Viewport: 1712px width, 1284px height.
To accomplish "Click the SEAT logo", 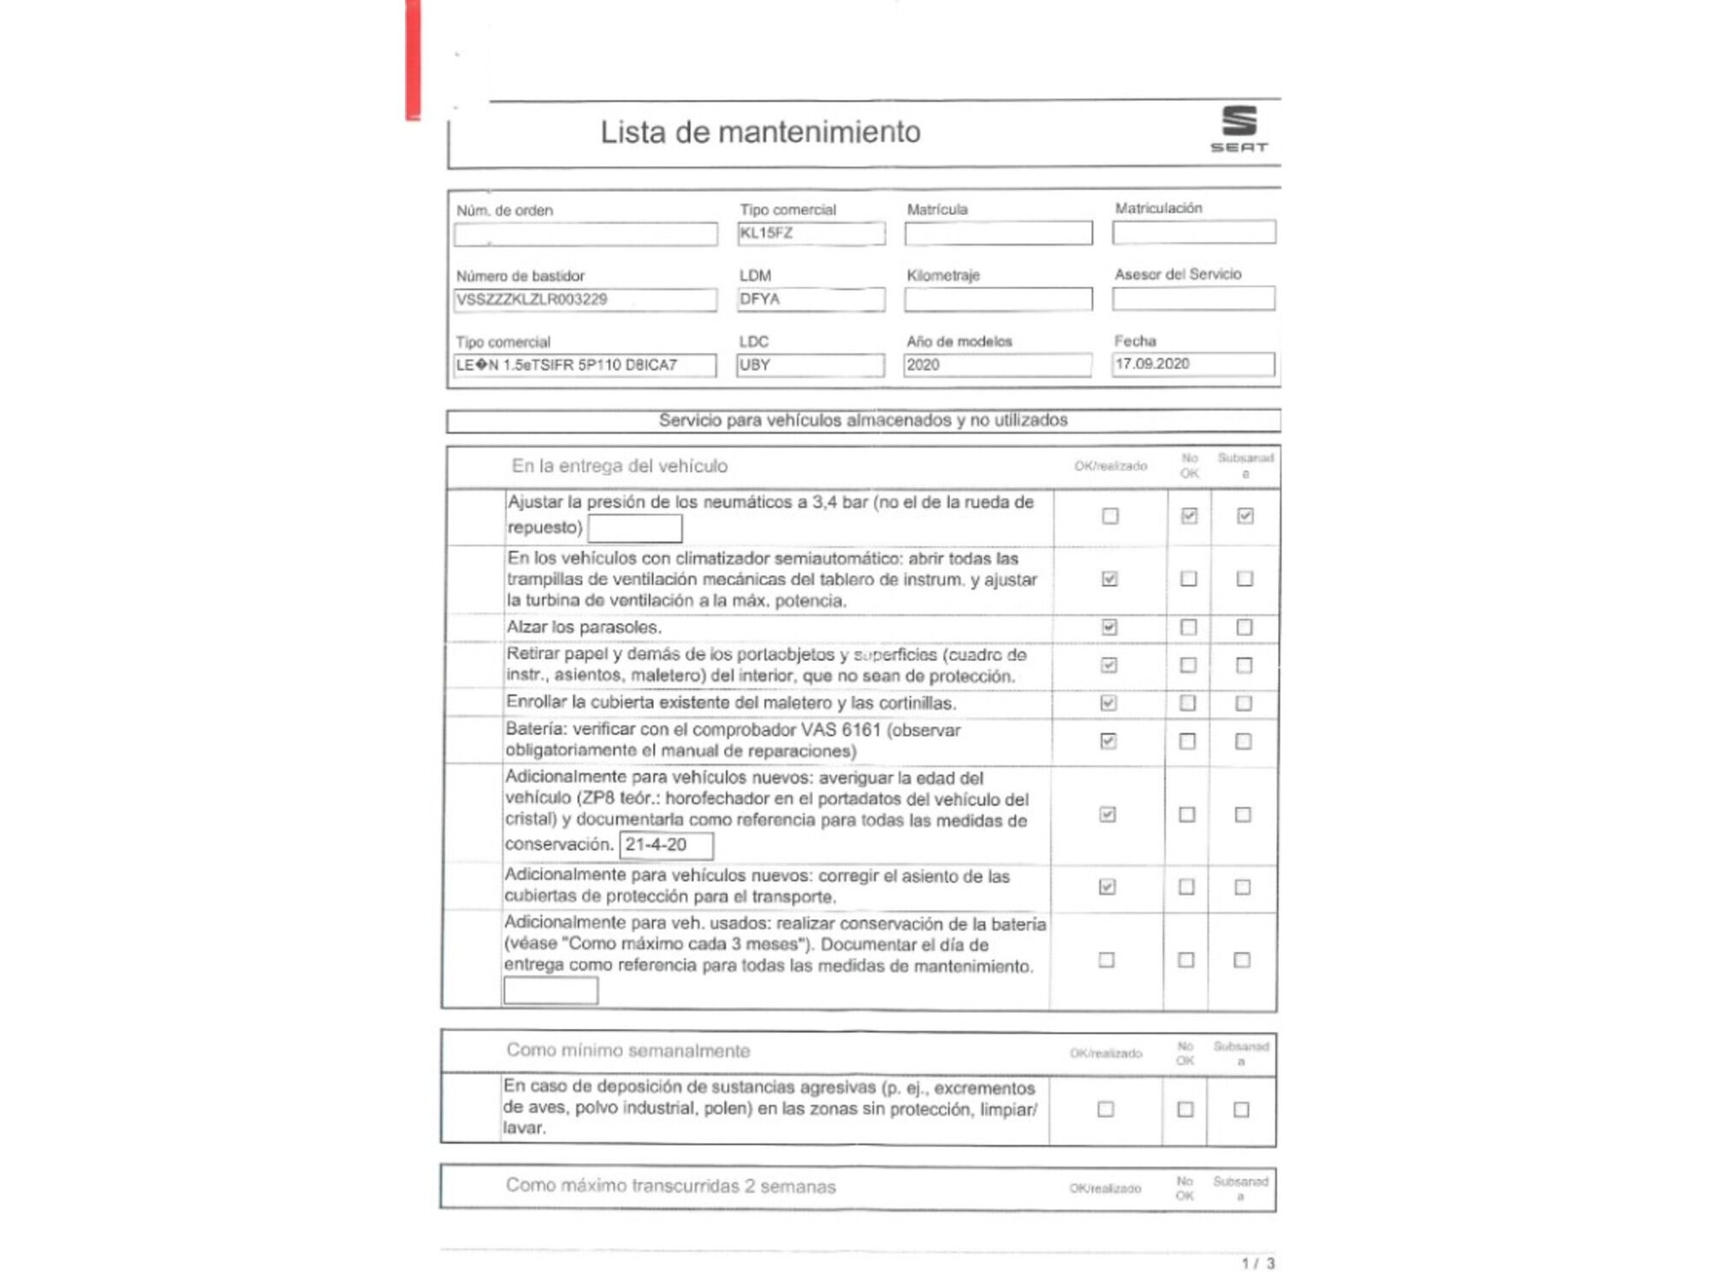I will (1239, 128).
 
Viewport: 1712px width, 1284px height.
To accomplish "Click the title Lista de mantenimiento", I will (760, 132).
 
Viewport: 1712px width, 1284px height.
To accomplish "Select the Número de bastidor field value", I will (586, 300).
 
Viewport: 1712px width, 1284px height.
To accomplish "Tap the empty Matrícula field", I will (998, 233).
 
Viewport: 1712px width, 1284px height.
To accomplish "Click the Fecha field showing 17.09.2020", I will (1193, 364).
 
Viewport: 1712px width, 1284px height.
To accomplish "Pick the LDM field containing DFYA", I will (811, 299).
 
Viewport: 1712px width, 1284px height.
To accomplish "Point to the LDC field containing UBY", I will (810, 365).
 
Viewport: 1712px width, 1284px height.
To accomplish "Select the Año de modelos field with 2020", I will (997, 365).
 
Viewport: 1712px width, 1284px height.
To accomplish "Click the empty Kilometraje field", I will (998, 299).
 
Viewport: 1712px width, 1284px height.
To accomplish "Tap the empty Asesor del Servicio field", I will (1193, 298).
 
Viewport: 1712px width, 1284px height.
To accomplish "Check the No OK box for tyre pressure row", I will (1189, 515).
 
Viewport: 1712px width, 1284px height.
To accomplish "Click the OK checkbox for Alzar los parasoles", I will (1109, 627).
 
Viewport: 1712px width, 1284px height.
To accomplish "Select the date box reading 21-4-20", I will (666, 845).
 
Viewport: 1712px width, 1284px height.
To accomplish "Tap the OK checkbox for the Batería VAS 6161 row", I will (1109, 740).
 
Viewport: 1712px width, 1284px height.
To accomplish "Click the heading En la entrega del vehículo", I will (620, 466).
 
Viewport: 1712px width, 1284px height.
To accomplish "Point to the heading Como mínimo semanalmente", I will (628, 1050).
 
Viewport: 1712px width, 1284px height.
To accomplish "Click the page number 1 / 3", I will (1257, 1263).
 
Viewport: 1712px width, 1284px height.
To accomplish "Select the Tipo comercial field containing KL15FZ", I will (811, 233).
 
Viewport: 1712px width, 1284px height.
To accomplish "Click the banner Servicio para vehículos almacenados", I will (863, 420).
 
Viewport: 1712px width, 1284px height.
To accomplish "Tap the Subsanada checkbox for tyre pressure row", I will (1245, 515).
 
